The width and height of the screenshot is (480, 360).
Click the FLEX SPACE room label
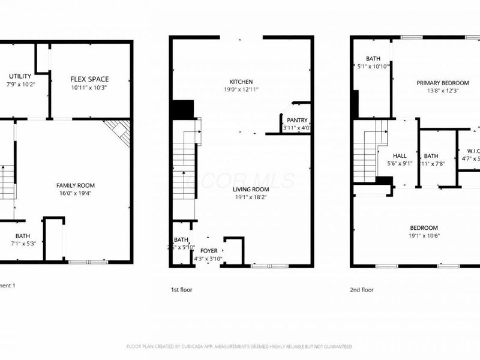click(x=89, y=79)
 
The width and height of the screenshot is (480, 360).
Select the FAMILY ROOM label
click(x=76, y=185)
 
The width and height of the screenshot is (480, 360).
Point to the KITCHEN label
click(x=241, y=82)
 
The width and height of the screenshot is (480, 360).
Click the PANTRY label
click(x=297, y=121)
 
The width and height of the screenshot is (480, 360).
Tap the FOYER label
click(x=209, y=251)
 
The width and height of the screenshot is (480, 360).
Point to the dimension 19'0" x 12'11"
click(x=241, y=89)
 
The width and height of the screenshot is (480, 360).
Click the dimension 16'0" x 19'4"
click(x=76, y=193)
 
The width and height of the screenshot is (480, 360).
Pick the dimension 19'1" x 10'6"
click(x=424, y=236)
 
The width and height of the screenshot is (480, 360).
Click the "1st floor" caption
click(x=181, y=289)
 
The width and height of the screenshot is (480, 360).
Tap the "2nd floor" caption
click(x=362, y=289)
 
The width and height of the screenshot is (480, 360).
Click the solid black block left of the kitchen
click(x=182, y=110)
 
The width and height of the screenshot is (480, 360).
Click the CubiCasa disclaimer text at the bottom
click(x=239, y=346)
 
